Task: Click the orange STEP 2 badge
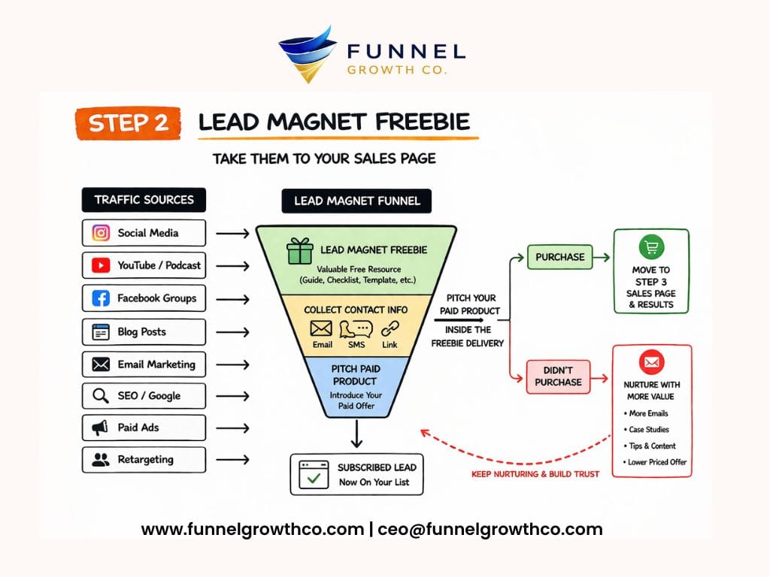128,123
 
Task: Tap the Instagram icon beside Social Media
101,233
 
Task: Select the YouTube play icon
101,265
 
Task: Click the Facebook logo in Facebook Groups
101,298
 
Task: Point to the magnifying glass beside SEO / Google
101,396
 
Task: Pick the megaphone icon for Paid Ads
101,427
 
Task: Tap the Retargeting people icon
101,460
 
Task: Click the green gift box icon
299,252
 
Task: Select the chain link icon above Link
390,328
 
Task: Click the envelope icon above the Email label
321,328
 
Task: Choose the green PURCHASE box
559,257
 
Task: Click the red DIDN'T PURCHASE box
558,376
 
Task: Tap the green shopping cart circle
651,247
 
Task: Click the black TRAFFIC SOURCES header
144,200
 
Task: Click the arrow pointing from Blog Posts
232,332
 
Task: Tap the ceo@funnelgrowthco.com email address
490,529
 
